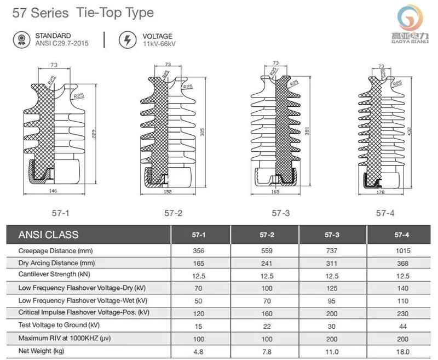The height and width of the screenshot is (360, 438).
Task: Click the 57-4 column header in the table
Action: pos(402,235)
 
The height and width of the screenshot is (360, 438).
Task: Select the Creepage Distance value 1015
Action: pos(402,250)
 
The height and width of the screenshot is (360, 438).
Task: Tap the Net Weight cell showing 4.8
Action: pos(199,351)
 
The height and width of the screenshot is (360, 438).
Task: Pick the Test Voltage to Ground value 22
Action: pos(267,325)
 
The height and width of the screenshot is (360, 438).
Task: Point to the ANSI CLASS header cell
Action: pos(49,235)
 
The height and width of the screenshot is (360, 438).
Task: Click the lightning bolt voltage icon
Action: pos(128,39)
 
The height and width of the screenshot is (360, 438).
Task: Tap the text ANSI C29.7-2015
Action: pos(61,43)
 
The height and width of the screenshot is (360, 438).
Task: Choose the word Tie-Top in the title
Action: pos(95,13)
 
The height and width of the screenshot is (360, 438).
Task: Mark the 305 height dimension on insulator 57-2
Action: pos(202,133)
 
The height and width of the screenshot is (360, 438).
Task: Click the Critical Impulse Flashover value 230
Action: pos(402,313)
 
